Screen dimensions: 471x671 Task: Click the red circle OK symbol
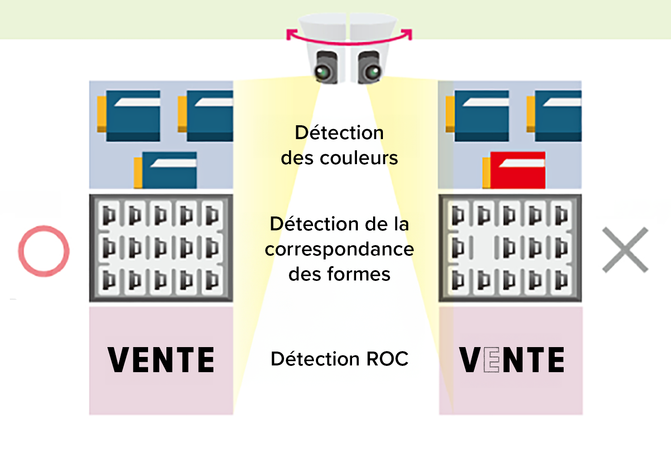44,251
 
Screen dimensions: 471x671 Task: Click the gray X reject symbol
625,250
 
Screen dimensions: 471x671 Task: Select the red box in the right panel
517,170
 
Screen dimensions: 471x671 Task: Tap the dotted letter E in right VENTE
491,360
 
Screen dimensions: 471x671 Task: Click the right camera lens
372,72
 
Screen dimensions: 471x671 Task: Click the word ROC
387,359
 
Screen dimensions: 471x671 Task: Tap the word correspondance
339,249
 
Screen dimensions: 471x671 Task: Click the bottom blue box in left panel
169,170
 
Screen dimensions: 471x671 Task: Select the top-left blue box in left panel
132,115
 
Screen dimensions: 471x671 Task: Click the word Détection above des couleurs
339,133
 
